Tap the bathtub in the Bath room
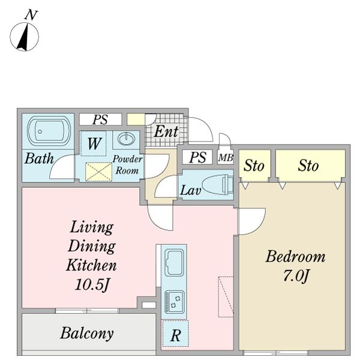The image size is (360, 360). (49, 131)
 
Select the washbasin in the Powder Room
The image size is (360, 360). (126, 139)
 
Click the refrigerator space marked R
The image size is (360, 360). (175, 334)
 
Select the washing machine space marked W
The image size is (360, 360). (94, 143)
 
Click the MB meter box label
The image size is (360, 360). (226, 157)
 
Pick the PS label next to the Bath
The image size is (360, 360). (100, 119)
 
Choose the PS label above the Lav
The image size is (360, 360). (197, 157)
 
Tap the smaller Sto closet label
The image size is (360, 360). (254, 166)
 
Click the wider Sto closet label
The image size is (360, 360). (308, 166)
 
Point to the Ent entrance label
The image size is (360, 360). (166, 131)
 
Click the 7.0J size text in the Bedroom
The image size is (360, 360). (296, 275)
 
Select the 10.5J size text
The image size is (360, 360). (92, 284)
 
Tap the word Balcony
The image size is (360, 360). (87, 333)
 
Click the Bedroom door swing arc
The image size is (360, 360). (253, 221)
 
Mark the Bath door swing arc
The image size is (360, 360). (62, 167)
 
